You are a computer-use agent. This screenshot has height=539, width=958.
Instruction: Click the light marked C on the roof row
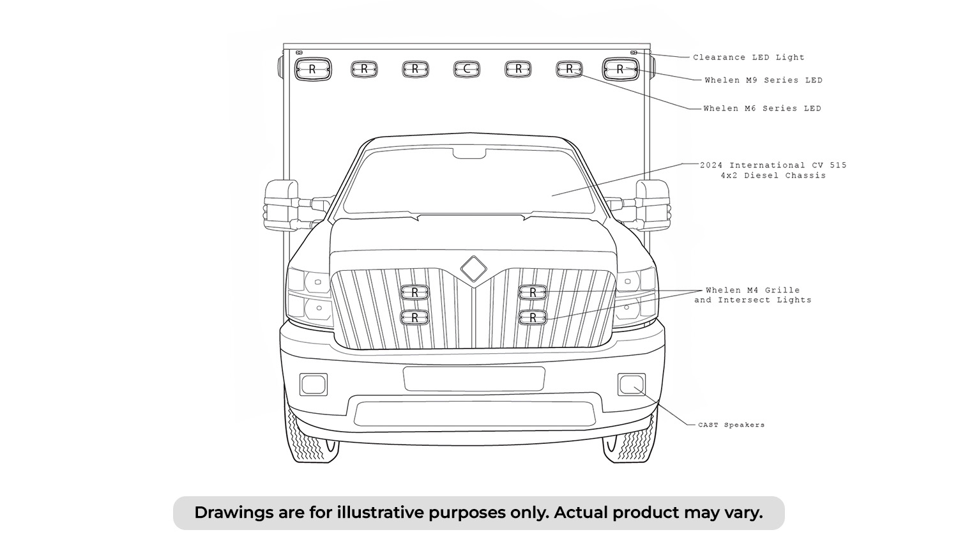467,70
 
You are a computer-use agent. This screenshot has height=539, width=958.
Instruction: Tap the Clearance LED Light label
749,57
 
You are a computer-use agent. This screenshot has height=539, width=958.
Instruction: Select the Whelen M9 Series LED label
764,80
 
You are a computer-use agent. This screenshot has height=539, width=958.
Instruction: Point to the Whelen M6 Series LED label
763,108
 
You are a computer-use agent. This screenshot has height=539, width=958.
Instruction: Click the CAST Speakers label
731,425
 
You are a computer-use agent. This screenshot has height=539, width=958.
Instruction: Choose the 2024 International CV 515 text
773,165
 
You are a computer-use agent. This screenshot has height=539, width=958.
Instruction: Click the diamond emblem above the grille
473,269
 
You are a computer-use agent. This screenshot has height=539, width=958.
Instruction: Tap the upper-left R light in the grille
414,292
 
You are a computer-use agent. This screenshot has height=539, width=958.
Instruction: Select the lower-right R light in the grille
533,318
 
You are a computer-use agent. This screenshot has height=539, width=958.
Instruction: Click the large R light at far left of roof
313,70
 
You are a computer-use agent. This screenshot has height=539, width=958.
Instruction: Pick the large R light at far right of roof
621,70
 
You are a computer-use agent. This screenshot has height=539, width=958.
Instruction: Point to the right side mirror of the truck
653,206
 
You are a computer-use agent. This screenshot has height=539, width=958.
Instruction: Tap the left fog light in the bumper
314,384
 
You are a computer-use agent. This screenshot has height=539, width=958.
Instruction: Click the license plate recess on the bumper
474,379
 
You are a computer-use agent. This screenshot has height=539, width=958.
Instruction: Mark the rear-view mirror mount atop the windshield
469,153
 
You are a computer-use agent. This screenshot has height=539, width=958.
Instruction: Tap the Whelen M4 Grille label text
753,290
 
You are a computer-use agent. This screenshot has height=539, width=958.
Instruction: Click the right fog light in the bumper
632,384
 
